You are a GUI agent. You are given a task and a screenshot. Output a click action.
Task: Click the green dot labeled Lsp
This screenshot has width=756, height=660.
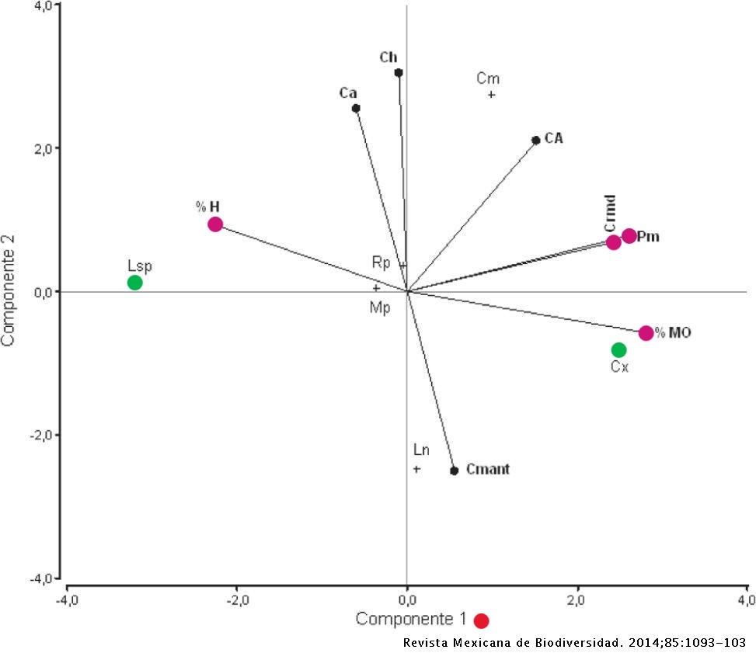pos(135,283)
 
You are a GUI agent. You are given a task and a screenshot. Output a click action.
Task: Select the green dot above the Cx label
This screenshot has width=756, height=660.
pos(618,350)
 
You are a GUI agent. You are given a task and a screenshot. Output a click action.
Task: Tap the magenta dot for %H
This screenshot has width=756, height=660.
pos(215,224)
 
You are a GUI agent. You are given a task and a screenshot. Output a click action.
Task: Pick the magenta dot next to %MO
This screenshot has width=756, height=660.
pos(646,333)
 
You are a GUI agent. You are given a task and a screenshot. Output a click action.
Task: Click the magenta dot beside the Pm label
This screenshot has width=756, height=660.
pos(629,236)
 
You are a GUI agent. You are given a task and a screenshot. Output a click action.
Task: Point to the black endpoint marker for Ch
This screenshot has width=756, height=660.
pos(399,73)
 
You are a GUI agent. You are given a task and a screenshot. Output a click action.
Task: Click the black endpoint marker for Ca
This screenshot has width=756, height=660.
pos(356,109)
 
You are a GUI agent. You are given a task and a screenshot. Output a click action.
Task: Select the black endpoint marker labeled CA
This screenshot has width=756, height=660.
pos(535,141)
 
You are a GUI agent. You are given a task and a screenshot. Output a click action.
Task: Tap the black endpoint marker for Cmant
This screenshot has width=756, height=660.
pos(455,471)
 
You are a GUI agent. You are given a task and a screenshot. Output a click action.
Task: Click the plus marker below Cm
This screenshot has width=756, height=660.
pos(491,95)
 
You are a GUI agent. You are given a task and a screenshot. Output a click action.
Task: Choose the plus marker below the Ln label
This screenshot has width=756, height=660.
pos(416,469)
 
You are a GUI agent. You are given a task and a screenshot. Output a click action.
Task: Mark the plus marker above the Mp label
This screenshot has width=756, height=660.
pos(376,288)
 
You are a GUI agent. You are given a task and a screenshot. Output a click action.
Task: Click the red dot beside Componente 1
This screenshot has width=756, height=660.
pos(481,620)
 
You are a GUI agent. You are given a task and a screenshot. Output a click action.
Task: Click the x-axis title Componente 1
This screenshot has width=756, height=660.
pos(410,619)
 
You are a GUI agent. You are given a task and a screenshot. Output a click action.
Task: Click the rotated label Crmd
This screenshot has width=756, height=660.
pos(610,214)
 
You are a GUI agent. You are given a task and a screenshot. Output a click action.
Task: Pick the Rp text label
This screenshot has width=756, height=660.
pos(381,263)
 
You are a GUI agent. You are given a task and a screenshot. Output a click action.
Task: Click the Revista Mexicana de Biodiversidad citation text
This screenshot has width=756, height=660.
pos(574,644)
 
